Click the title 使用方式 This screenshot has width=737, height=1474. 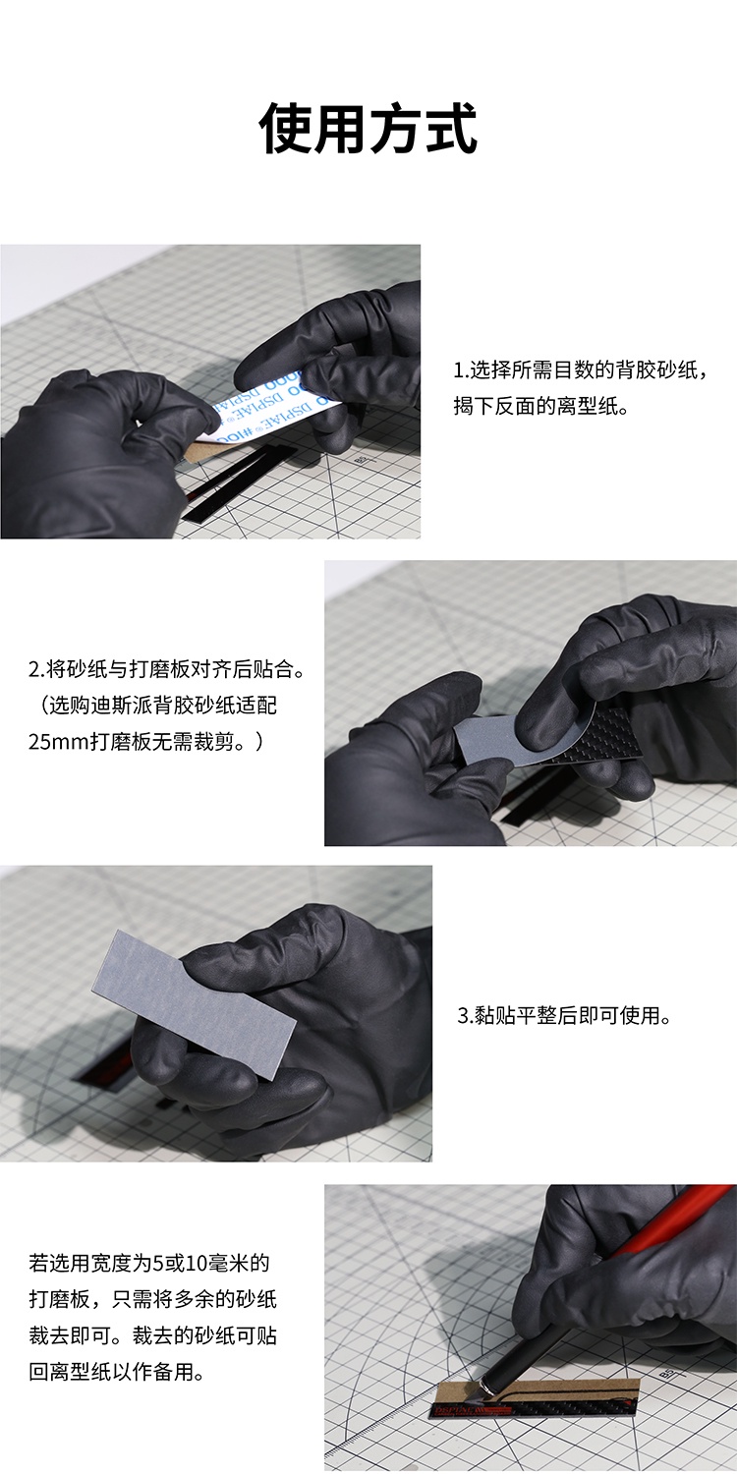point(368,129)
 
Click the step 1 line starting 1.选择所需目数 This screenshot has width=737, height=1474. point(580,370)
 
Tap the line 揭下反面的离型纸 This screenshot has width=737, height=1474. point(539,406)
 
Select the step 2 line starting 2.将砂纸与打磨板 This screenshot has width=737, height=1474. point(168,670)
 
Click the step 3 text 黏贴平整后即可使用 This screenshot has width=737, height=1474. point(565,1015)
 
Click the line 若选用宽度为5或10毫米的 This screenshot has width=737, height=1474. point(148,1262)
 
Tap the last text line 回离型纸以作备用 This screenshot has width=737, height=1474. point(117,1372)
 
